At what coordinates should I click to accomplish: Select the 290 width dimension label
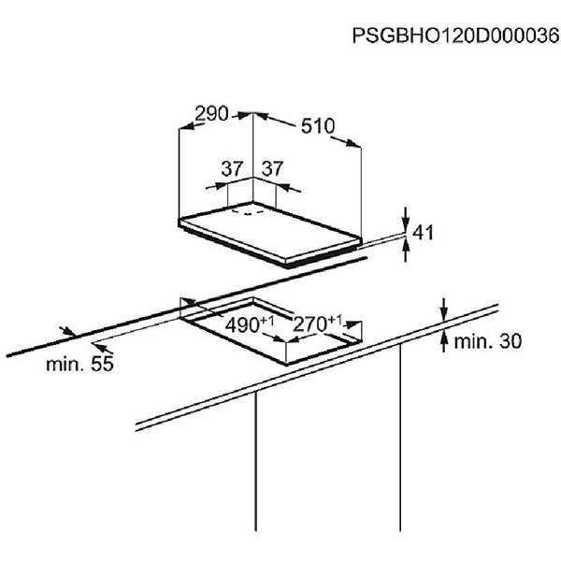click(x=211, y=114)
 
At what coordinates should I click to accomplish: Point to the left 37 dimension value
click(x=232, y=169)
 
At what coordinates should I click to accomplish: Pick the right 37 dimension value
click(x=272, y=169)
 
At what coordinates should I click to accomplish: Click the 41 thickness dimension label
click(x=424, y=233)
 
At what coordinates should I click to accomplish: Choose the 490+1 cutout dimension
click(x=249, y=325)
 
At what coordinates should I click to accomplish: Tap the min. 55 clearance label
click(x=79, y=364)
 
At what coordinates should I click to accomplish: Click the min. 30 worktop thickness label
click(x=486, y=342)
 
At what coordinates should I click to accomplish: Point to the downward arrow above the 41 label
click(x=407, y=216)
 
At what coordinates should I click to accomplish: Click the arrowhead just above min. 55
click(x=65, y=330)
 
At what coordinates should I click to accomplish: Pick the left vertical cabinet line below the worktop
click(x=256, y=467)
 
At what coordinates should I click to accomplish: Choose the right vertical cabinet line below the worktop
click(x=400, y=449)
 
